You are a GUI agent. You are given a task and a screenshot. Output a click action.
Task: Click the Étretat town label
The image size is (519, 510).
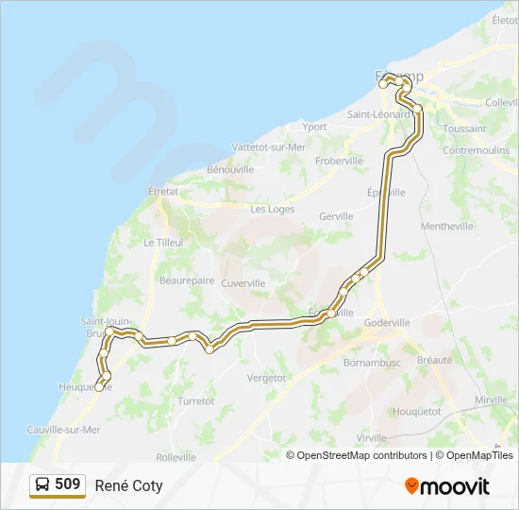point(163,190)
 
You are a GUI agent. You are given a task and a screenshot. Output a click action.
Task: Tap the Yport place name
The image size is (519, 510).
point(314,127)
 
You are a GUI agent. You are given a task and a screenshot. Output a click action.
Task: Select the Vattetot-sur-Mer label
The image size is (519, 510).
point(269,147)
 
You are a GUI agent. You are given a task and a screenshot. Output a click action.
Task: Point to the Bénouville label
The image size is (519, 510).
point(230,170)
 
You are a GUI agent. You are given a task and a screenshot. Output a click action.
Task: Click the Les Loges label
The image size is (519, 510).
point(273,210)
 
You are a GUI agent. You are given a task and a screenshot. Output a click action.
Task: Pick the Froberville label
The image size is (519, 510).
point(339,161)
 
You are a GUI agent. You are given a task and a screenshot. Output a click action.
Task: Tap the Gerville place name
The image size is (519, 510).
point(336,216)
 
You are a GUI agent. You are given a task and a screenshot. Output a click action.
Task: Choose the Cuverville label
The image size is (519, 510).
point(243,283)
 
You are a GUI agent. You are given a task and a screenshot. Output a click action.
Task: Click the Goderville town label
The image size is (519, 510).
point(387,322)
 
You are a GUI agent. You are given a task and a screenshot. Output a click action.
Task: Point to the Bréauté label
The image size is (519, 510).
point(434,360)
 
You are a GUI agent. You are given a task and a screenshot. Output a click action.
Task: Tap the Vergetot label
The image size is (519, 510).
point(266,378)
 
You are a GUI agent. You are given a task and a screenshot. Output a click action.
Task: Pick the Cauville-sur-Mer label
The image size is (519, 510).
point(64,430)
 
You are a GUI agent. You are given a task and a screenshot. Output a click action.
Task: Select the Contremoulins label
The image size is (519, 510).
point(476,151)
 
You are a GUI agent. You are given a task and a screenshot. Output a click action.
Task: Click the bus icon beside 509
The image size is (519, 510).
point(42,485)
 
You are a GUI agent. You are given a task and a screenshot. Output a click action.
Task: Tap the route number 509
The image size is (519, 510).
point(68,484)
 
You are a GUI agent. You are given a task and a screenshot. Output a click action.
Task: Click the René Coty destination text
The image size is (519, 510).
point(128,486)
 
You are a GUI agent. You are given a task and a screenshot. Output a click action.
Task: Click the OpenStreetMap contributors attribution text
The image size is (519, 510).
point(360,455)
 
